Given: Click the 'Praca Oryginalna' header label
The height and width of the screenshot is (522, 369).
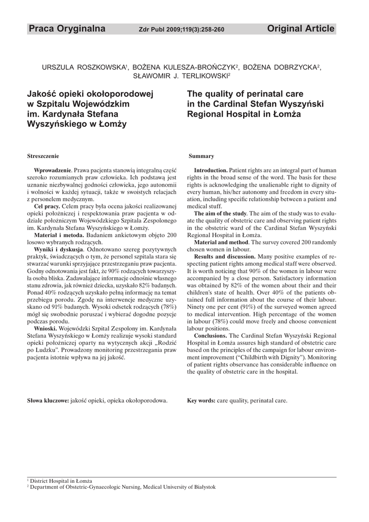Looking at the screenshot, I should [x=67, y=29].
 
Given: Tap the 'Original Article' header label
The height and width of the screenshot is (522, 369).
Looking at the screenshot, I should [x=301, y=29].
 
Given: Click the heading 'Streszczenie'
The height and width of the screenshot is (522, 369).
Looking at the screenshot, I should [x=43, y=155].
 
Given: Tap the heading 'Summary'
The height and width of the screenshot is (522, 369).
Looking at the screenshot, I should [x=201, y=155].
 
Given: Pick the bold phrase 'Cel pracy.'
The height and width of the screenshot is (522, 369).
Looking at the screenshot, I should [x=47, y=206].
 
